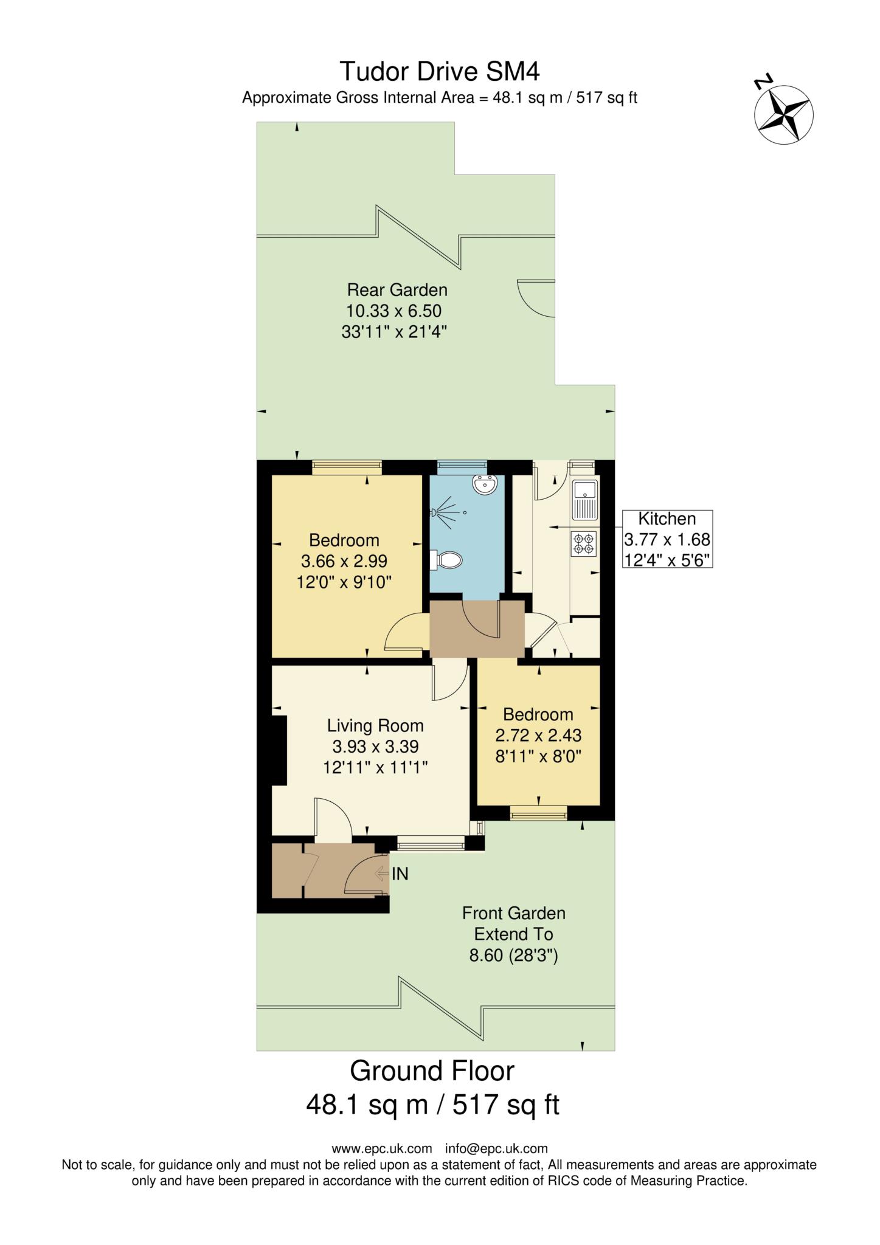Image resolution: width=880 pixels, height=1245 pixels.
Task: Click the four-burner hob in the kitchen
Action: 584,543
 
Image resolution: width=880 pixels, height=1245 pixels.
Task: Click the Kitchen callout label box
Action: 667,539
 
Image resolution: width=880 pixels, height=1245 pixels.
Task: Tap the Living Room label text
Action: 375,725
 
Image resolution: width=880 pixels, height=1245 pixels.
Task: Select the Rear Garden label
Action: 397,289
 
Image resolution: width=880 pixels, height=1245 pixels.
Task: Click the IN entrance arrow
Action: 383,874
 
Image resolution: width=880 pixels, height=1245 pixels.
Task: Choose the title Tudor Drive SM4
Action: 439,72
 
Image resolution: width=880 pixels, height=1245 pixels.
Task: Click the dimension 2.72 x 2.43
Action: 538,736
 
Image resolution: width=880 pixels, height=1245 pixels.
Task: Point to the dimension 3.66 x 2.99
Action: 344,560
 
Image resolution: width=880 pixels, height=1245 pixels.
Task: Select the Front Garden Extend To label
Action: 513,923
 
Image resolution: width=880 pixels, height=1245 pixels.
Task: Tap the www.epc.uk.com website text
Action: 382,1148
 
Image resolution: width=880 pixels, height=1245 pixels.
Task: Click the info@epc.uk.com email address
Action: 496,1148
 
